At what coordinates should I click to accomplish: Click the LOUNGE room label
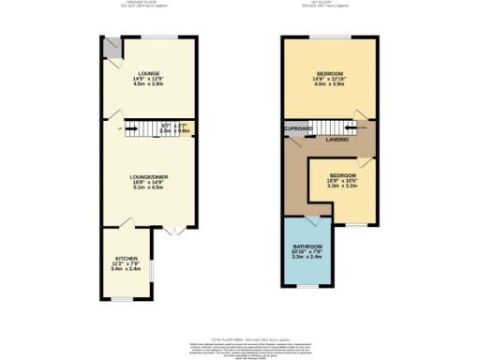[x=148, y=73]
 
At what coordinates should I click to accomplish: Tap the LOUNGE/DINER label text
[x=148, y=175]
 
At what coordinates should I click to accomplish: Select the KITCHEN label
[x=127, y=257]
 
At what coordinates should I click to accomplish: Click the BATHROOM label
[x=307, y=246]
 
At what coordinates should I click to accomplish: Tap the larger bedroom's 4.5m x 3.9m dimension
[x=329, y=84]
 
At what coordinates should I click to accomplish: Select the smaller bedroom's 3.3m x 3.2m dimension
[x=342, y=186]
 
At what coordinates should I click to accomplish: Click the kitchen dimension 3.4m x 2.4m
[x=127, y=268]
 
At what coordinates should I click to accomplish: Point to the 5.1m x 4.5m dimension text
[x=148, y=187]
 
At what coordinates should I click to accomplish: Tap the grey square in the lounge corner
[x=111, y=44]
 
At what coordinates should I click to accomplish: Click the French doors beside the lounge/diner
[x=171, y=231]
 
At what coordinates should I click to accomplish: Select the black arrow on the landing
[x=360, y=130]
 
